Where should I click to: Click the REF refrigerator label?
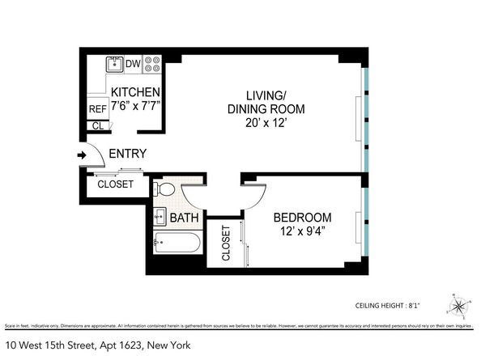98,109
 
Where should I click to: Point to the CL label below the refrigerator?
98,125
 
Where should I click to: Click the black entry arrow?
81,155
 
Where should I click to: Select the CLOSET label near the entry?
116,184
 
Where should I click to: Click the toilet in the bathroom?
165,189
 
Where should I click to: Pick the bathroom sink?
160,216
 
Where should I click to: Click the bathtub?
176,244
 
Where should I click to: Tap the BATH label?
185,218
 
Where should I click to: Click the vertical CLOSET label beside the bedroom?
226,243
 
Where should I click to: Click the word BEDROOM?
302,218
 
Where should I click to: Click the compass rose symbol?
459,307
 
